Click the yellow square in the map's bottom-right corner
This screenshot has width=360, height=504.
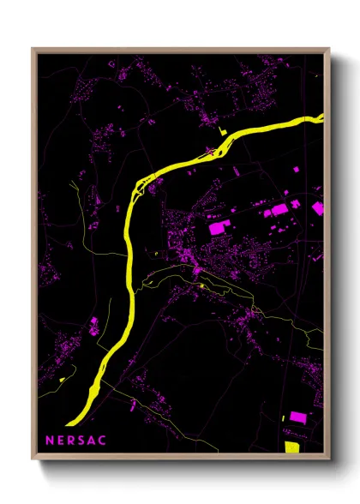291,446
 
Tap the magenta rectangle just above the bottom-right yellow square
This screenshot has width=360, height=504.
297,417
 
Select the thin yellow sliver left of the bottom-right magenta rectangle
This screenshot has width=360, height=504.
283,418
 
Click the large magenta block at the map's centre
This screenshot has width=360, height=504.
215,229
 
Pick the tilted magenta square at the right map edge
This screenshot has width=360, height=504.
318,207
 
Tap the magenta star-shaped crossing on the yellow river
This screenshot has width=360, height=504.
210,152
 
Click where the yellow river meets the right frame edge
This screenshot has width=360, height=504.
322,117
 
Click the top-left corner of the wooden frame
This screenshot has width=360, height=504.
33,48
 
